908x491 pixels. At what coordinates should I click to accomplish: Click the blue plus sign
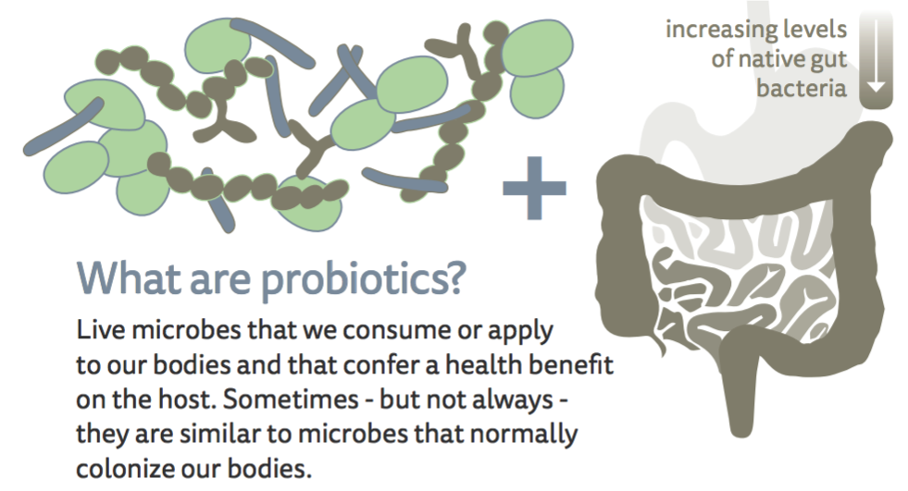click(534, 188)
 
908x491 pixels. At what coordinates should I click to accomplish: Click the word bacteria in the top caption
click(802, 88)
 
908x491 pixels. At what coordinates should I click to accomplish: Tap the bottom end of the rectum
click(740, 433)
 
